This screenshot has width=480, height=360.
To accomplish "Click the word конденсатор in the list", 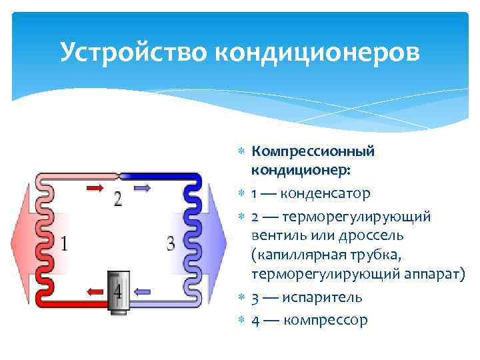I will [x=325, y=194].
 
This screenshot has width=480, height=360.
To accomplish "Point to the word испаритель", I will [x=323, y=297].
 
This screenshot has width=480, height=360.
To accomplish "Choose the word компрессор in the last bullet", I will [x=325, y=319].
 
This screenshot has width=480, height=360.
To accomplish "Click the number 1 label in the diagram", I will [x=63, y=243].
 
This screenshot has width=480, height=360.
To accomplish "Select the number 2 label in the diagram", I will [x=118, y=198].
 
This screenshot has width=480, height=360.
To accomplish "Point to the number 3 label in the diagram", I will [x=171, y=243].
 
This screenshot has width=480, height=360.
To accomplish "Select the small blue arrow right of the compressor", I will [x=144, y=291].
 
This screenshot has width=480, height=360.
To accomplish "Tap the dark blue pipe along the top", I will [x=160, y=177].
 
